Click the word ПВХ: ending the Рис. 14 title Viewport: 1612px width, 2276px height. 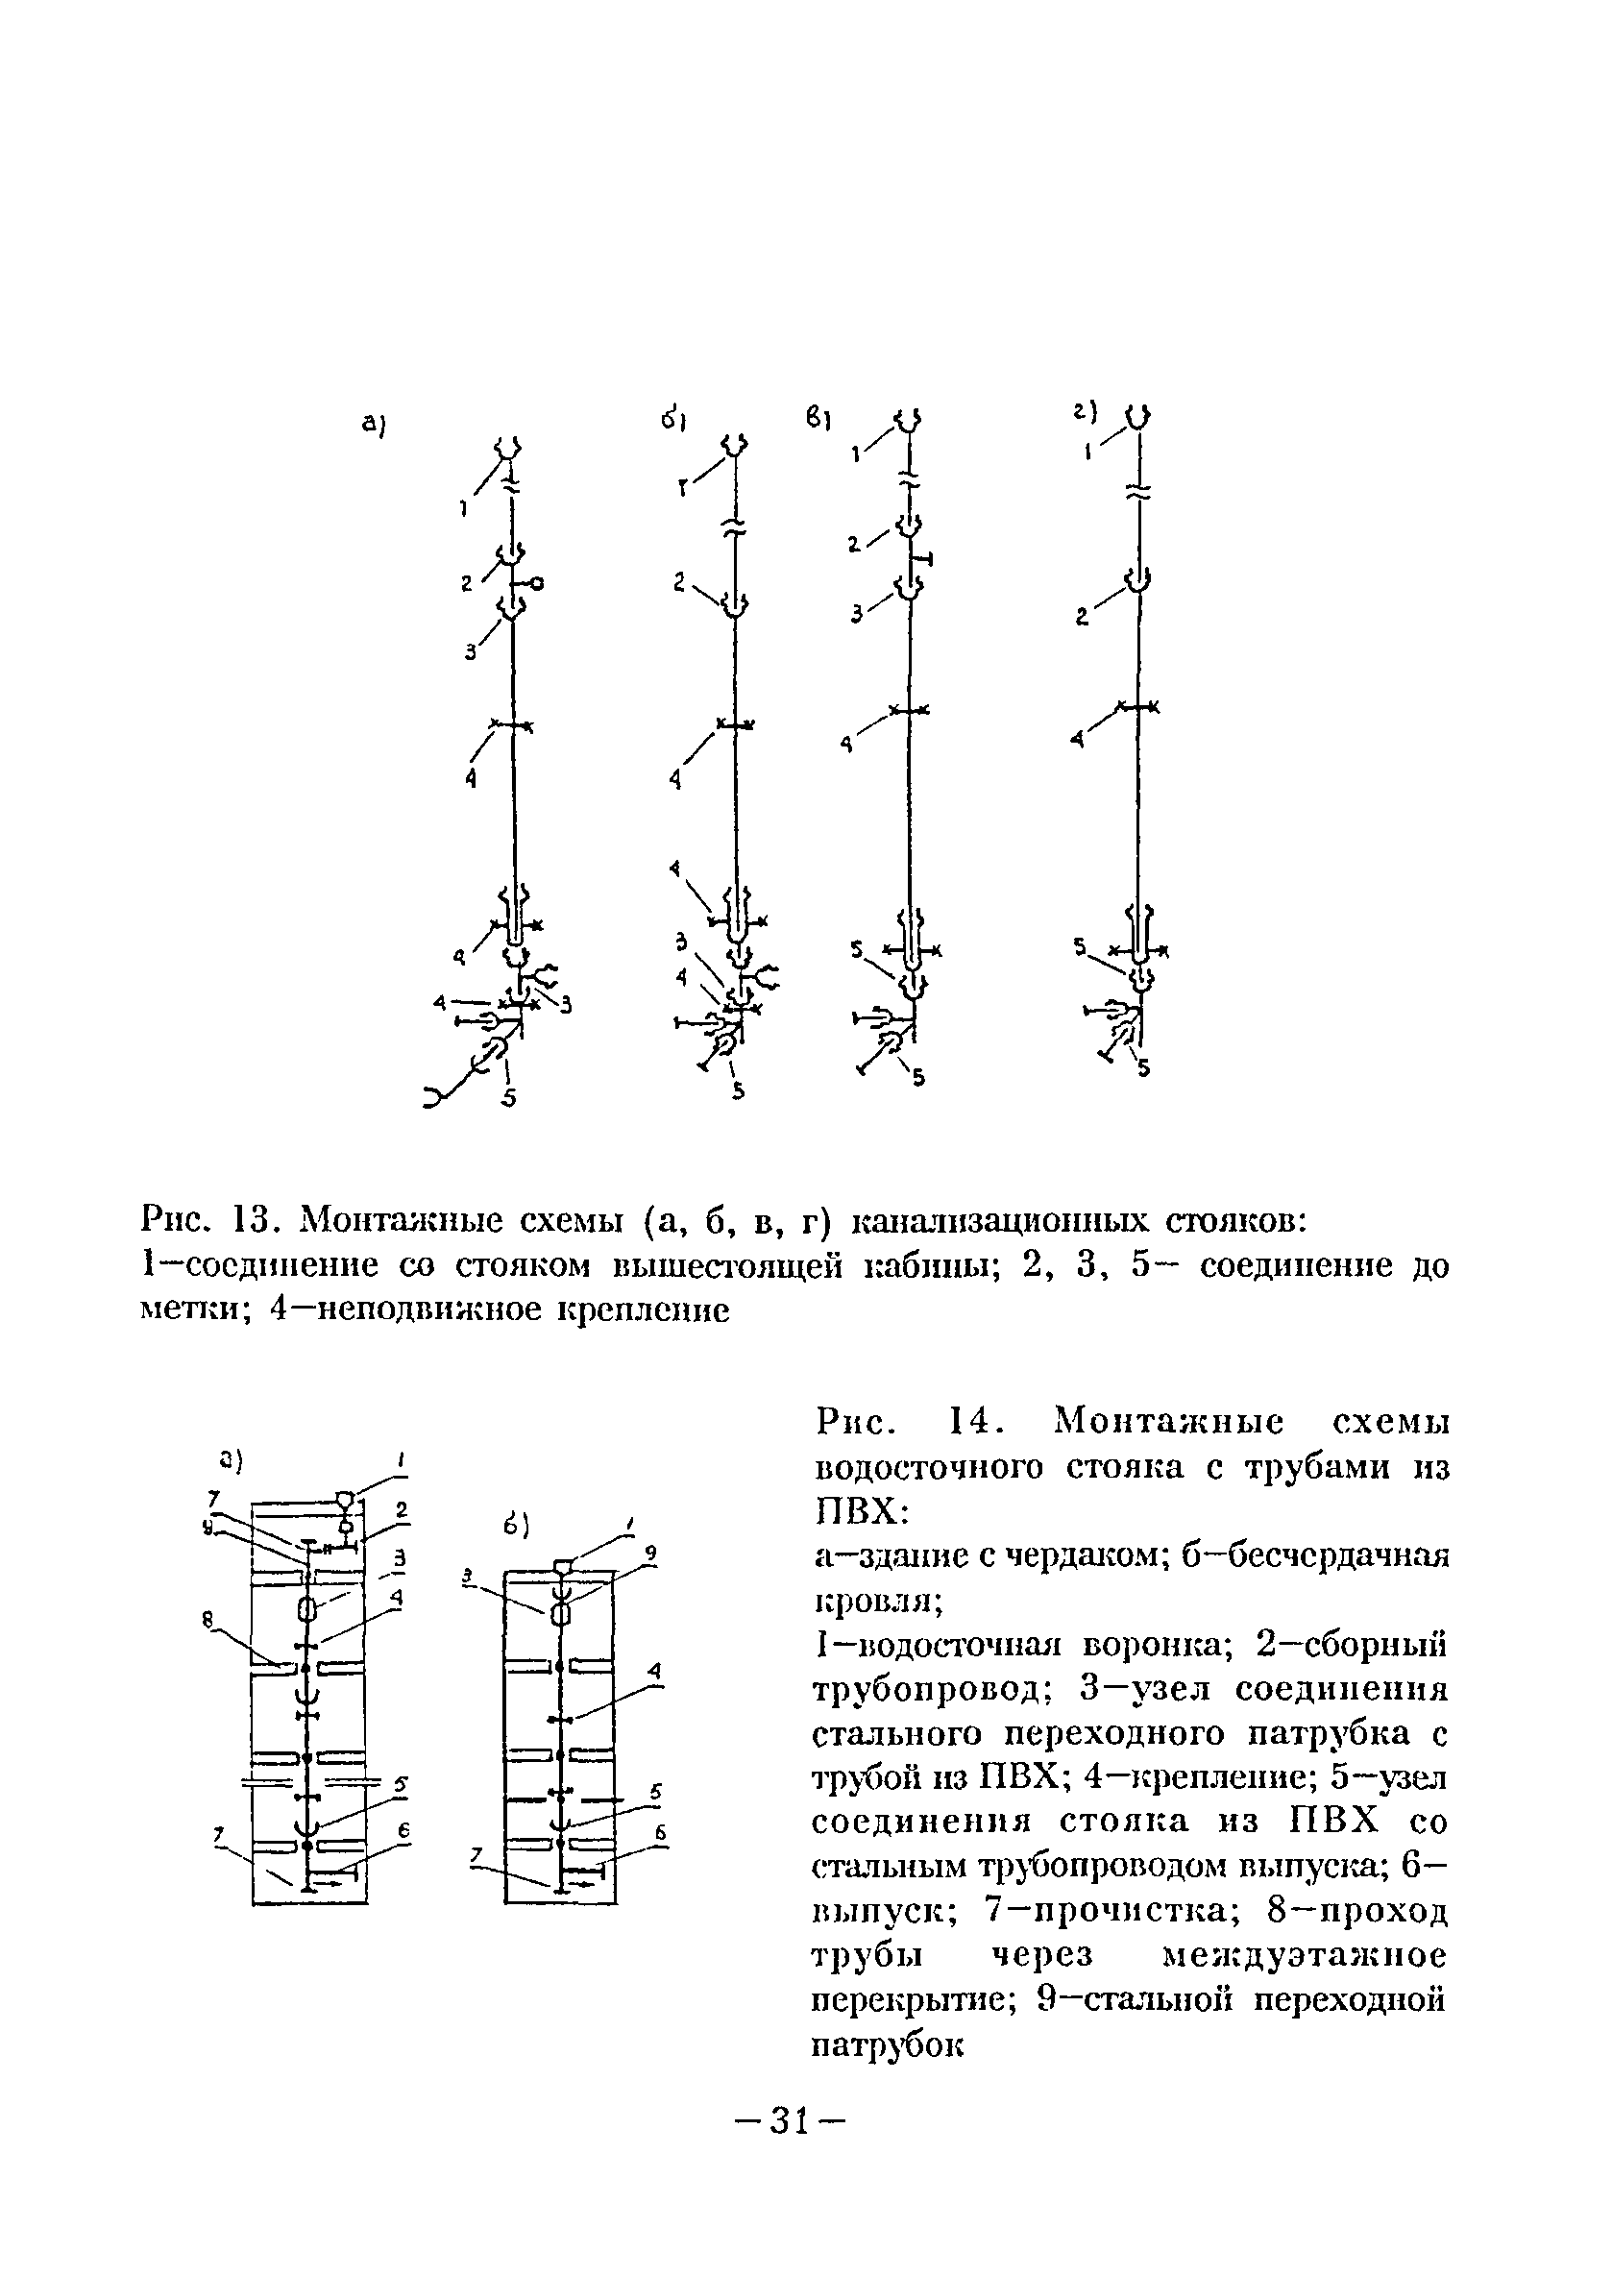tap(860, 1510)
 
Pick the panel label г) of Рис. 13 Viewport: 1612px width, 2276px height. tap(1086, 409)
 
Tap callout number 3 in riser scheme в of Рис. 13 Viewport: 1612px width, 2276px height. tap(856, 615)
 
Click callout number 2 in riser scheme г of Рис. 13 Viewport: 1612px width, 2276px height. tap(1083, 618)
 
